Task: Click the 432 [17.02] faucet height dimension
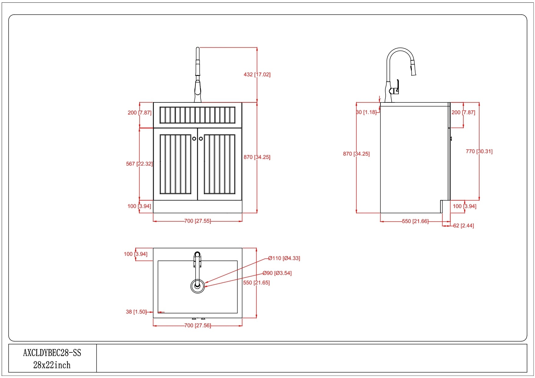(257, 74)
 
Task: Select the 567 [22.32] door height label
(139, 164)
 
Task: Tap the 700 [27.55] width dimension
(198, 221)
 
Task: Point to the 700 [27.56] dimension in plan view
(198, 326)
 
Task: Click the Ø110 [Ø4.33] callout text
(284, 258)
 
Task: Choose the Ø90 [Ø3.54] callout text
(277, 273)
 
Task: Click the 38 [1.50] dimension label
(136, 312)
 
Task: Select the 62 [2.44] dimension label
(463, 226)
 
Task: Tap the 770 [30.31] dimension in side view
(479, 151)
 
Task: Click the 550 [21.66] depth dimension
(415, 221)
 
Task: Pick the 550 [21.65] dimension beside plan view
(256, 283)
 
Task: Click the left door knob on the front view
(194, 139)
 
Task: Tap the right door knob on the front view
(201, 139)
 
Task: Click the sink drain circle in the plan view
(197, 286)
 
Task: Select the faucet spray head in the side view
(413, 68)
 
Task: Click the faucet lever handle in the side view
(397, 87)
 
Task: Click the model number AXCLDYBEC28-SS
(52, 353)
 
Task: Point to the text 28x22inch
(52, 365)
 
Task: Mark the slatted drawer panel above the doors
(198, 115)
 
